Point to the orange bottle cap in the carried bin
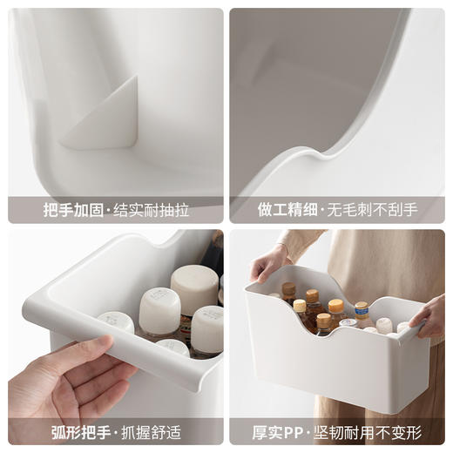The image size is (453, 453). click(x=335, y=306)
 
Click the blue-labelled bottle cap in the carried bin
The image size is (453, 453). click(x=361, y=308)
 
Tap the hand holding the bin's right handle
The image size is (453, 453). click(x=431, y=316)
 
